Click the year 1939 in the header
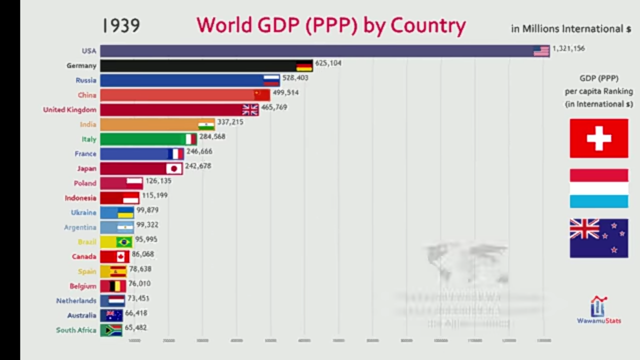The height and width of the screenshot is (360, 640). tap(121, 26)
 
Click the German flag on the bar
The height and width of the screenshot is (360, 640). tap(304, 65)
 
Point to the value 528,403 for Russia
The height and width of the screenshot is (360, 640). tap(295, 78)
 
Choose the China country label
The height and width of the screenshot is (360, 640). tap(87, 95)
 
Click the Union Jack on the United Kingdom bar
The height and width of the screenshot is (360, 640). tap(250, 109)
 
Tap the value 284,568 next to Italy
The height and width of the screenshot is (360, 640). tap(212, 136)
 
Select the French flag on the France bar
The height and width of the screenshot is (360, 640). tap(175, 153)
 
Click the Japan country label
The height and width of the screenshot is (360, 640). tap(86, 168)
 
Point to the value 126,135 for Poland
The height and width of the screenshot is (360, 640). tap(158, 180)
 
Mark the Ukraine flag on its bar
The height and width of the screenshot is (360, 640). tap(125, 212)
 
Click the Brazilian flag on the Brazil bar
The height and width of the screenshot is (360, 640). tap(124, 242)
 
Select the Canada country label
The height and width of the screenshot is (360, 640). tap(84, 256)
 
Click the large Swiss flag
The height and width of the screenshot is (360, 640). tap(598, 138)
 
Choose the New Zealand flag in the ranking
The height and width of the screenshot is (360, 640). tap(598, 238)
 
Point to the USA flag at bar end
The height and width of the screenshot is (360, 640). tap(541, 51)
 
